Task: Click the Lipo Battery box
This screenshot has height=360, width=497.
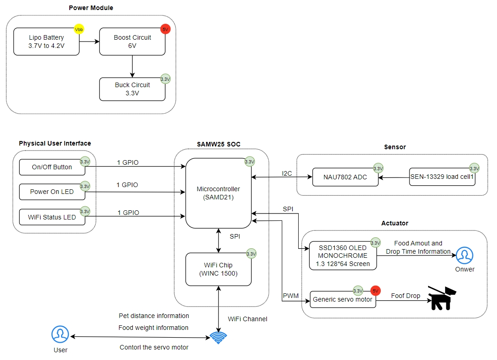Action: pyautogui.click(x=47, y=42)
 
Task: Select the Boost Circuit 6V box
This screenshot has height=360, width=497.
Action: pyautogui.click(x=132, y=42)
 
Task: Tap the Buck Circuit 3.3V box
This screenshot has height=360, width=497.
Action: pyautogui.click(x=132, y=89)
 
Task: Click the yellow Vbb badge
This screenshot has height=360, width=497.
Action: pyautogui.click(x=79, y=30)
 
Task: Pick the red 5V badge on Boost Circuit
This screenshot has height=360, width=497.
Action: pyautogui.click(x=165, y=30)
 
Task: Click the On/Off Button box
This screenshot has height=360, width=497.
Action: pyautogui.click(x=52, y=167)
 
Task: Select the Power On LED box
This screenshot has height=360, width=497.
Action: pyautogui.click(x=52, y=192)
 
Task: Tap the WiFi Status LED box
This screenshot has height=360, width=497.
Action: pyautogui.click(x=52, y=217)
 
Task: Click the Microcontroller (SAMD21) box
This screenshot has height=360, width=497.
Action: pyautogui.click(x=218, y=193)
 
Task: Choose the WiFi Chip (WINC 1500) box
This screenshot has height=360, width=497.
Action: pyautogui.click(x=218, y=269)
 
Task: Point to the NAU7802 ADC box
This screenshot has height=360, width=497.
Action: pyautogui.click(x=345, y=177)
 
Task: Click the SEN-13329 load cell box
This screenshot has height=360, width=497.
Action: pyautogui.click(x=442, y=177)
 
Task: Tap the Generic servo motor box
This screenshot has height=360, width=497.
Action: pyautogui.click(x=343, y=299)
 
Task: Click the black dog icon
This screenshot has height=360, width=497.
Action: pyautogui.click(x=442, y=298)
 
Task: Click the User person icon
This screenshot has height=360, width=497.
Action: pyautogui.click(x=60, y=334)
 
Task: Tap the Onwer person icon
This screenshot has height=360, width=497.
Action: pyautogui.click(x=465, y=256)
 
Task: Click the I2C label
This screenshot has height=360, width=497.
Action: pyautogui.click(x=287, y=173)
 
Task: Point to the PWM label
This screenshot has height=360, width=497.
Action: pyautogui.click(x=290, y=296)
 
